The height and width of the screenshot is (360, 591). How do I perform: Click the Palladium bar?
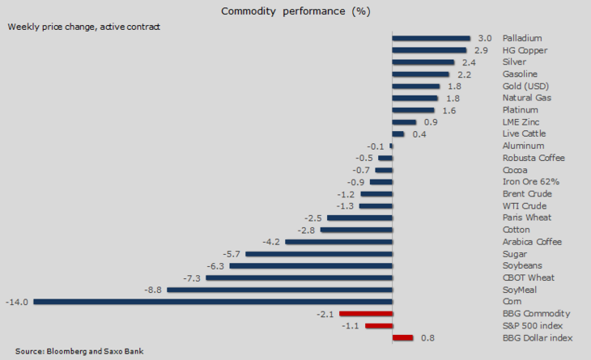coord(431,38)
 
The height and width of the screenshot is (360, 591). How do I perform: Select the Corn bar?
coord(212,302)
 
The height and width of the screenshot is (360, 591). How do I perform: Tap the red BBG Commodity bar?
coord(366,313)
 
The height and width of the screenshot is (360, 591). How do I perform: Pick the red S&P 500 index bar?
coord(379,325)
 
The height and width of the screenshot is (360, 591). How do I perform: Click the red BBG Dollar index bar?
coord(402,337)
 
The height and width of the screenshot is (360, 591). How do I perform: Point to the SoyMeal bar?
coord(279,290)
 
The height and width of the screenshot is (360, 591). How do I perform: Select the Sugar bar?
coord(319,253)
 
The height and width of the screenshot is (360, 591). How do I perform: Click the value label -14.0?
coord(17,302)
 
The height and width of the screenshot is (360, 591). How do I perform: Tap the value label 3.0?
coord(485,38)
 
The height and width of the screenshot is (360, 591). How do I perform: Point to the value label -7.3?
coord(192,277)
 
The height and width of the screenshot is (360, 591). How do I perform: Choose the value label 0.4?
coord(419,133)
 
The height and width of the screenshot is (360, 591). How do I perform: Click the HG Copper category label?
coord(525,50)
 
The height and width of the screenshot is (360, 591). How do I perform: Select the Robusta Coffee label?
coord(534,158)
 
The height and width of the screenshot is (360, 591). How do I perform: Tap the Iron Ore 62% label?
coord(531,181)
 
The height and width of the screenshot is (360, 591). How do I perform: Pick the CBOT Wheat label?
coord(529,277)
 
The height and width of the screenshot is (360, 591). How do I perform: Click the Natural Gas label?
coord(527,98)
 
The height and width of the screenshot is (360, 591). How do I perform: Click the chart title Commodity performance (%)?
coord(295,11)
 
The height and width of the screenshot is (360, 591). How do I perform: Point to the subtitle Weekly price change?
coord(84,26)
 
